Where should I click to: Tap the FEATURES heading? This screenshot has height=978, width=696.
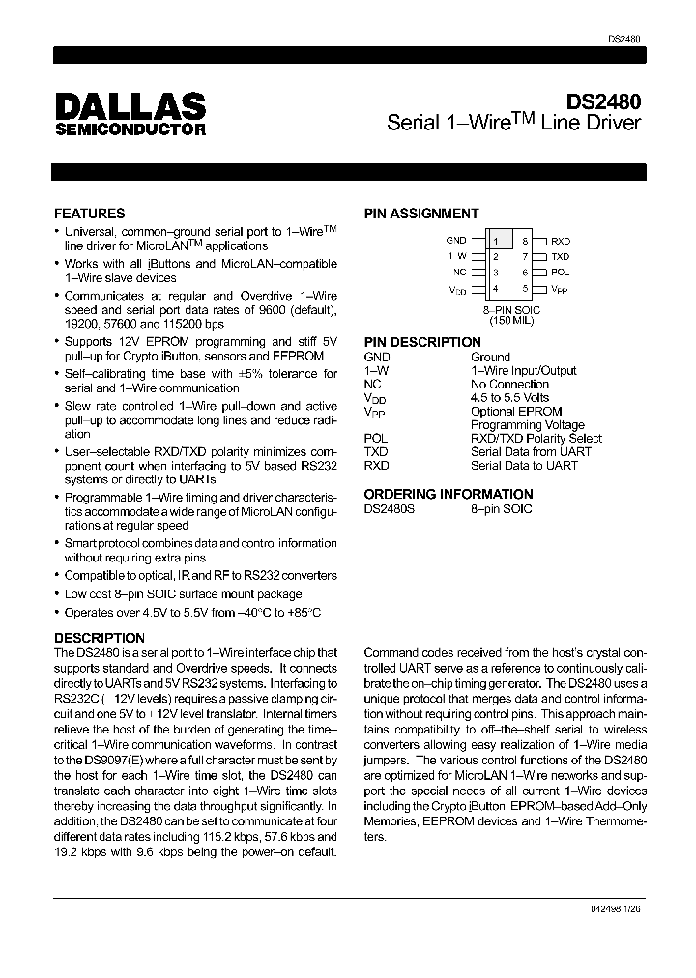point(89,214)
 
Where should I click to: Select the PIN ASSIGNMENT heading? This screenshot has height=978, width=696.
point(421,214)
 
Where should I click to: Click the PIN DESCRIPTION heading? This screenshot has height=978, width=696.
point(422,342)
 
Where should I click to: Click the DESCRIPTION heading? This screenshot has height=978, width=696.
point(100,638)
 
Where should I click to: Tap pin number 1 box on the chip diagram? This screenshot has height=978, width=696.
point(496,240)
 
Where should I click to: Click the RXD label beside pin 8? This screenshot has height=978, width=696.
point(561,241)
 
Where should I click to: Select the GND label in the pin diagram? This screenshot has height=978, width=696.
point(456,240)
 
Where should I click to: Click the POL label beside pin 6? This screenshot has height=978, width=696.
point(561,273)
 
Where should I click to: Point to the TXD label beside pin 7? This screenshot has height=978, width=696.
point(561,257)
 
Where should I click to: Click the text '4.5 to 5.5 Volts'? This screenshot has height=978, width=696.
point(509,397)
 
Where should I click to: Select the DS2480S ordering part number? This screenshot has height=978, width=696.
point(389,508)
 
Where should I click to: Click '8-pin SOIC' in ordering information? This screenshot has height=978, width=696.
point(501,508)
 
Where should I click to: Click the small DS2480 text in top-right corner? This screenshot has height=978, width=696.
point(625,38)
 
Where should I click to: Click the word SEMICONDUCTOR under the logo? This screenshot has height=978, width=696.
point(130,129)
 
